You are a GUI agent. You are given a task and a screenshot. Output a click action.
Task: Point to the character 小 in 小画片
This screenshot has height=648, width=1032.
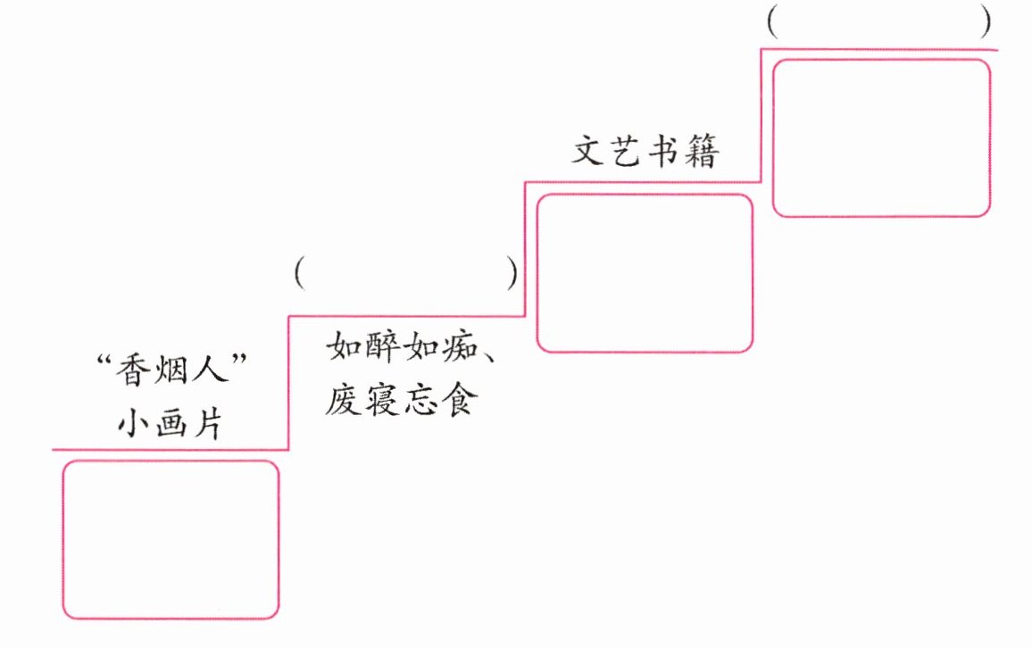(x=132, y=422)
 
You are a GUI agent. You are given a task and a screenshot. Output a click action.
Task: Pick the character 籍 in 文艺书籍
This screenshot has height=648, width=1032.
(x=703, y=152)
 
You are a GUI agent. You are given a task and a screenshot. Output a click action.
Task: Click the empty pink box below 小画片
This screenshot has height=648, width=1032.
(x=170, y=539)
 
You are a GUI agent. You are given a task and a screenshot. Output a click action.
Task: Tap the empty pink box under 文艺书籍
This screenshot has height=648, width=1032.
(x=645, y=272)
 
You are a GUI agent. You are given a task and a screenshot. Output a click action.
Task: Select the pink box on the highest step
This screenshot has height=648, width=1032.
(x=881, y=137)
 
